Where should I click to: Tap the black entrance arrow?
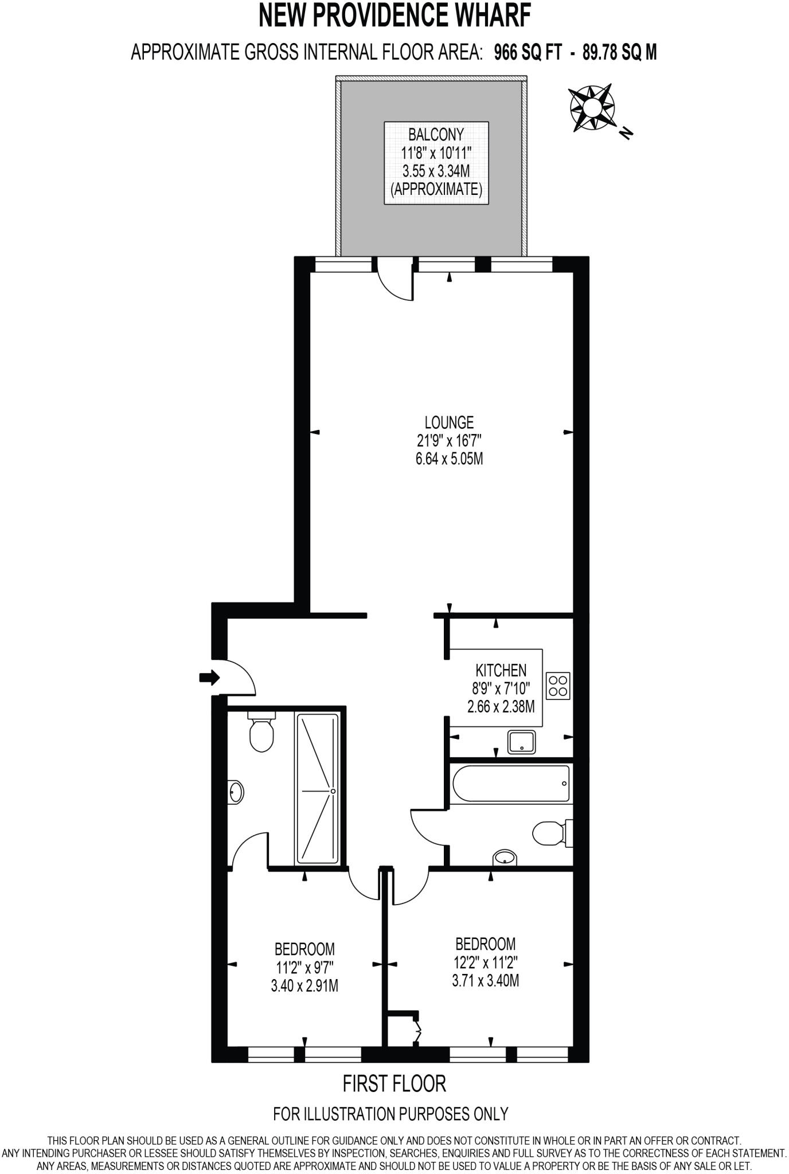tap(209, 678)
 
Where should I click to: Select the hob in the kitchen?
tap(558, 686)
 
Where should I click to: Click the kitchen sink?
tap(521, 742)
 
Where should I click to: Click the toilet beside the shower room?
tap(262, 734)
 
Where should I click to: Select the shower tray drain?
tap(333, 791)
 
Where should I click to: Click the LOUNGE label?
tap(449, 422)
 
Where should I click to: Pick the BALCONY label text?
tap(436, 135)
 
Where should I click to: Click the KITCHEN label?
tap(501, 670)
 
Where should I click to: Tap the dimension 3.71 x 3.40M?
tap(485, 981)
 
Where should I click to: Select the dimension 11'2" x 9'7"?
tap(304, 968)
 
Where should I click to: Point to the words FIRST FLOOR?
tap(394, 1084)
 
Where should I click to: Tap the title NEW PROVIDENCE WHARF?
tap(394, 17)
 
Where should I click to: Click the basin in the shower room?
tap(236, 792)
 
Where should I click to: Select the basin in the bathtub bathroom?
tap(505, 858)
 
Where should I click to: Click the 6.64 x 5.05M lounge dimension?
tap(449, 459)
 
